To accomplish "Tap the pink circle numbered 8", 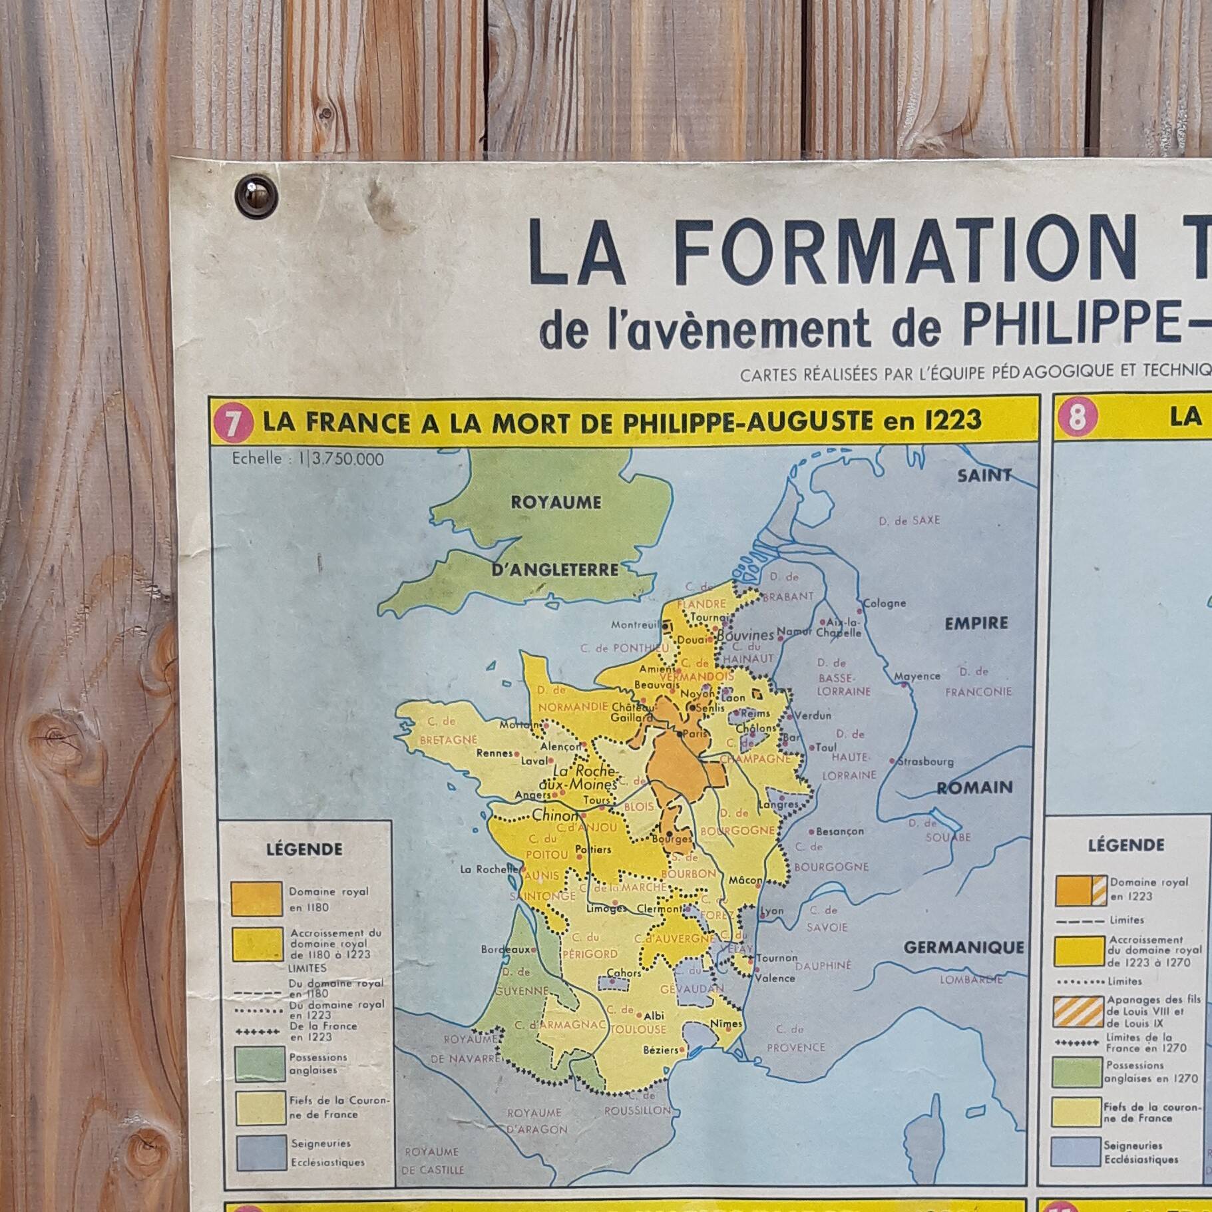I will click(x=1077, y=418).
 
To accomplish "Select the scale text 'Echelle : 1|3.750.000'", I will click(x=308, y=459).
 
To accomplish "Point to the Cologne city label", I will click(x=885, y=603).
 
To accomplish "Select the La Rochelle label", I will click(x=489, y=869).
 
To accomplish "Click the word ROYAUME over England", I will click(x=556, y=503).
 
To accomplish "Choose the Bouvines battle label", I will click(x=745, y=635).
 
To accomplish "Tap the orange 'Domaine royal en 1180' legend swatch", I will click(x=256, y=899).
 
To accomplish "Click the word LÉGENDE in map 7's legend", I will click(x=304, y=849).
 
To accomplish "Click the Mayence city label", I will click(x=916, y=676).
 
